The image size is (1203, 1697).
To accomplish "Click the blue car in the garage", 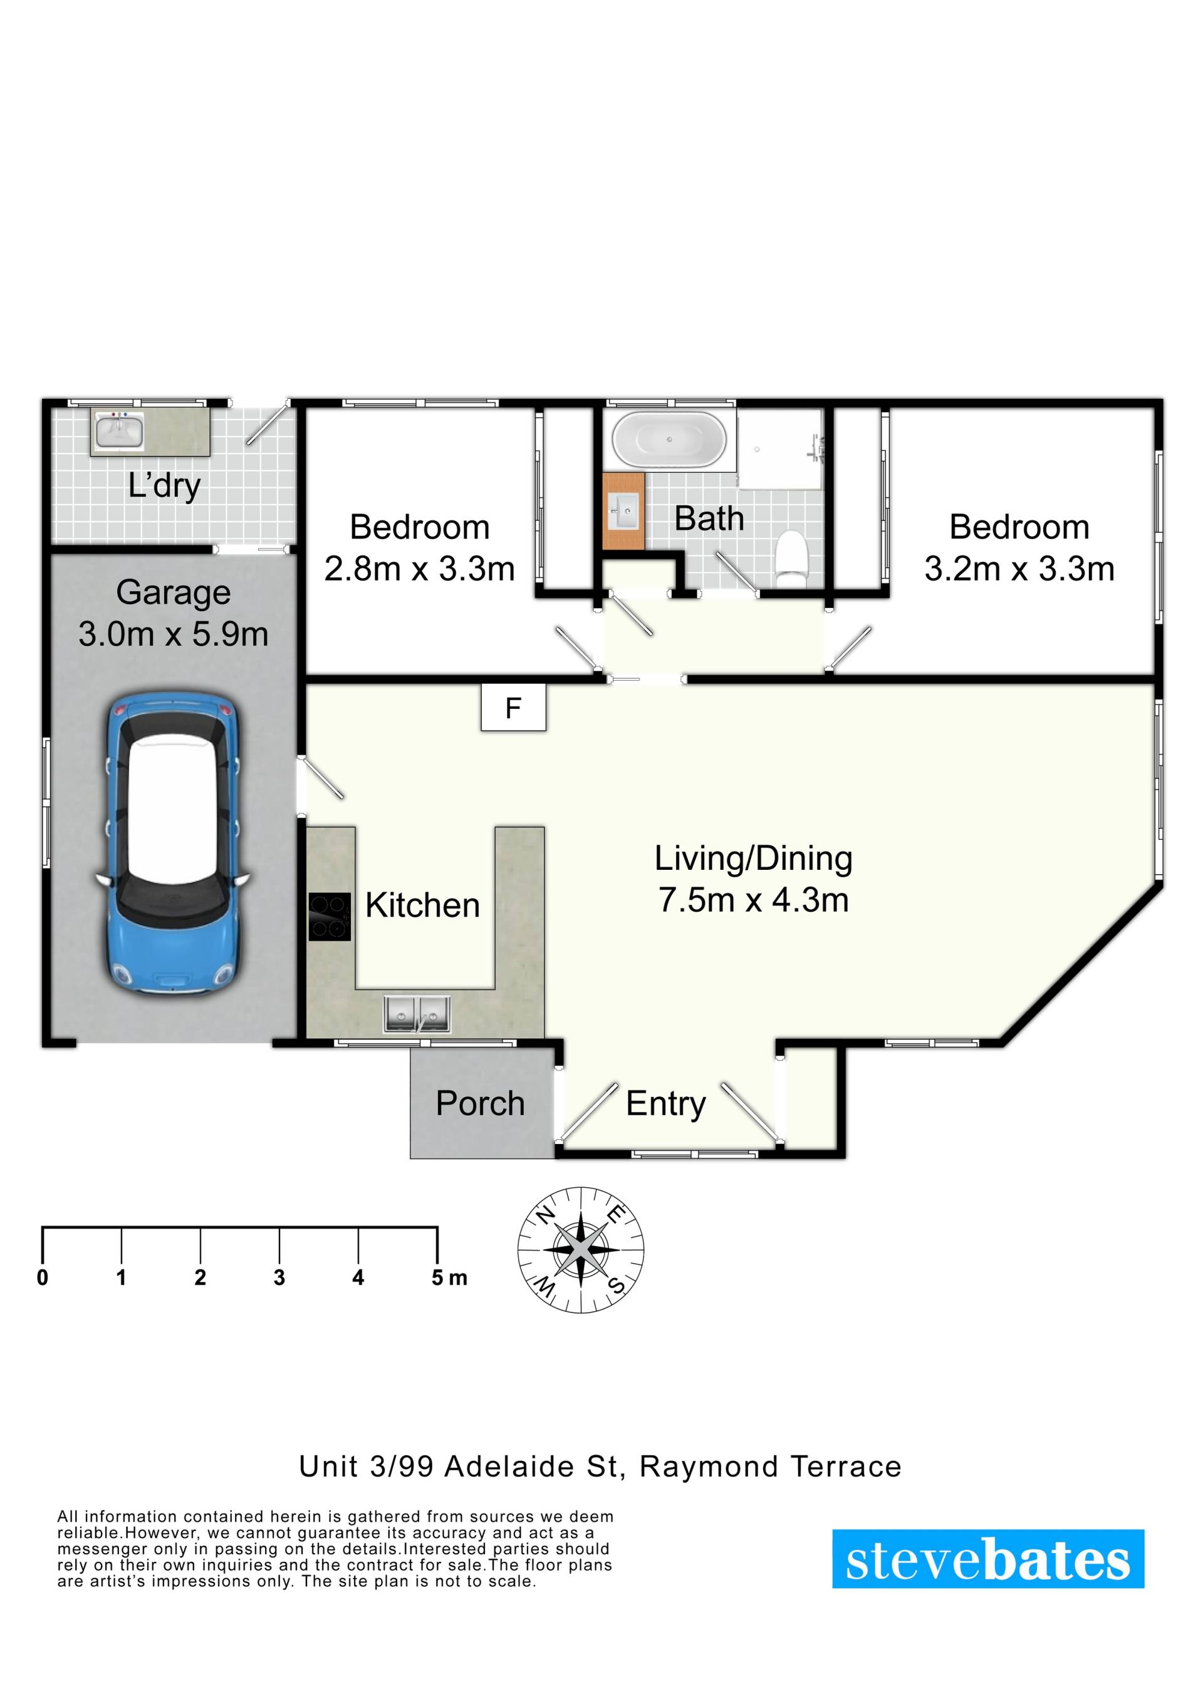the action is pos(172,842).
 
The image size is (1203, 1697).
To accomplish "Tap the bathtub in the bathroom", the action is pos(670,440).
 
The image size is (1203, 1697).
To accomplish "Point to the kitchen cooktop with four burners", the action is pos(330,917).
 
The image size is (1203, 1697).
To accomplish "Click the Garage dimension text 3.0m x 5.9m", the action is pos(174,634).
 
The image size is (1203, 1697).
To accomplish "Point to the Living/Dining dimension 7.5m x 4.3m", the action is pos(753,900).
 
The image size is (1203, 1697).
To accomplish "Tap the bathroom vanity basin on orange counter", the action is pos(623,511).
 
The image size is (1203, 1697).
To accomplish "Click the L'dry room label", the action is pos(164,486).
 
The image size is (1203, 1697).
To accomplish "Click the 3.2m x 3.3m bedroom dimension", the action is pos(1019,569).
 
